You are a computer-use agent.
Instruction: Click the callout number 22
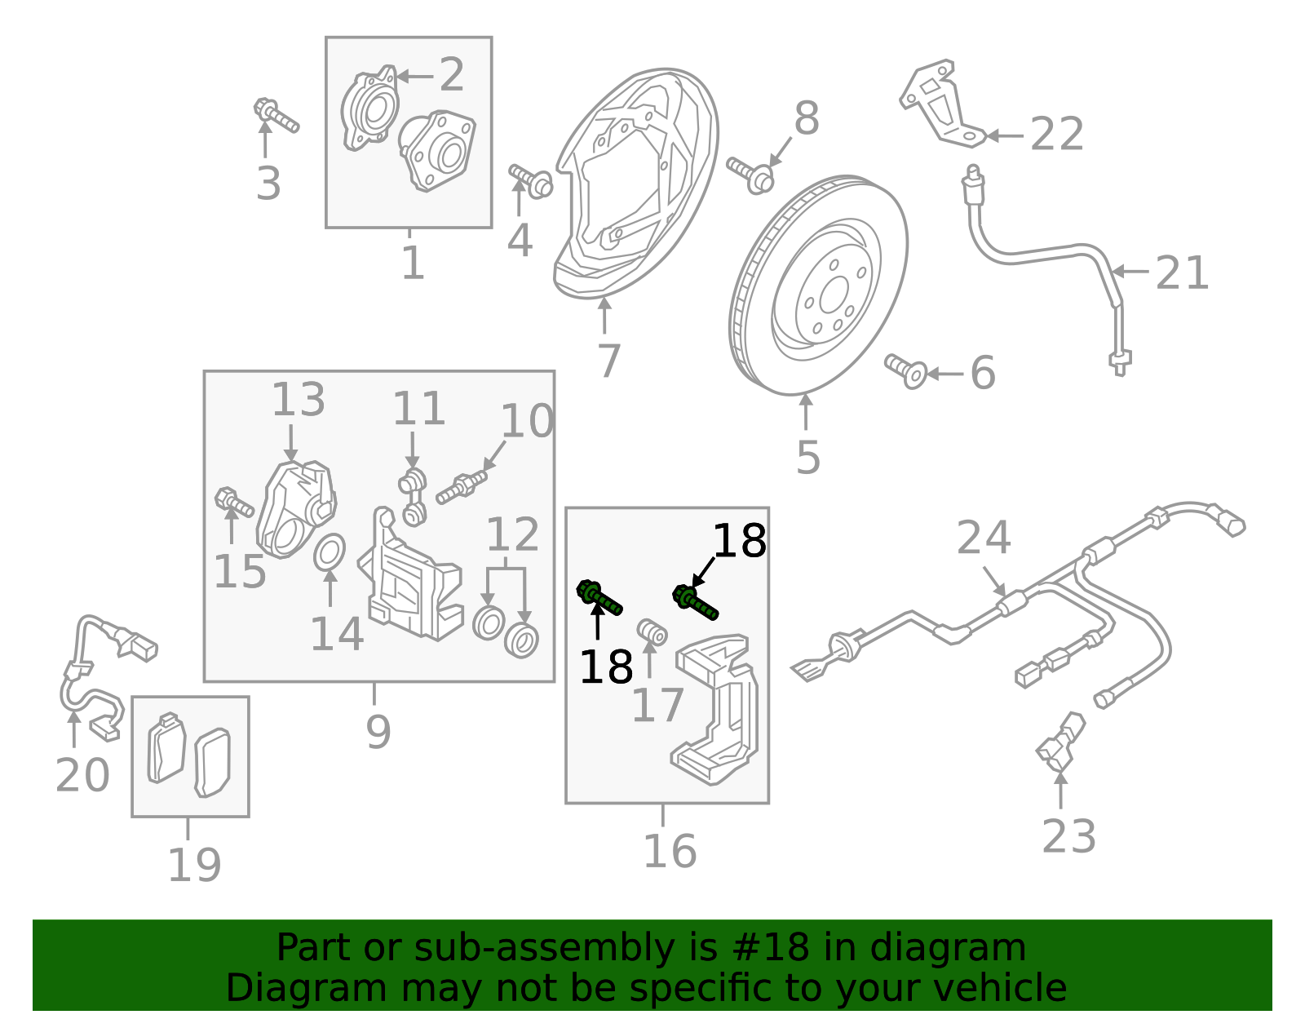click(x=1056, y=135)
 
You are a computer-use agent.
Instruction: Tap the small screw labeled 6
click(x=905, y=370)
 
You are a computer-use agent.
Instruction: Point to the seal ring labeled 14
click(x=330, y=553)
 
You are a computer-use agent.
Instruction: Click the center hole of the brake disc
click(x=834, y=295)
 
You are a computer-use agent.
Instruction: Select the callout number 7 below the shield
click(x=608, y=361)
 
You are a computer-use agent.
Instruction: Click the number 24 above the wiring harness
click(x=984, y=538)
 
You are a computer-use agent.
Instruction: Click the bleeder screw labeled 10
click(x=461, y=487)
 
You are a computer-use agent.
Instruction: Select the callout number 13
click(x=298, y=401)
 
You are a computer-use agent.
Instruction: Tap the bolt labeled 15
click(x=233, y=503)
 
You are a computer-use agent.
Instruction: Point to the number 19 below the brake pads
click(x=194, y=866)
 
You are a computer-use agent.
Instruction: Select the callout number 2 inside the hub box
click(x=451, y=75)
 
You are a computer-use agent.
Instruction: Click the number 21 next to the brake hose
click(x=1182, y=273)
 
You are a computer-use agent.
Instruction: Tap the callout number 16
click(x=669, y=852)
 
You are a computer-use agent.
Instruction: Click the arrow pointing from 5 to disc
click(x=806, y=413)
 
